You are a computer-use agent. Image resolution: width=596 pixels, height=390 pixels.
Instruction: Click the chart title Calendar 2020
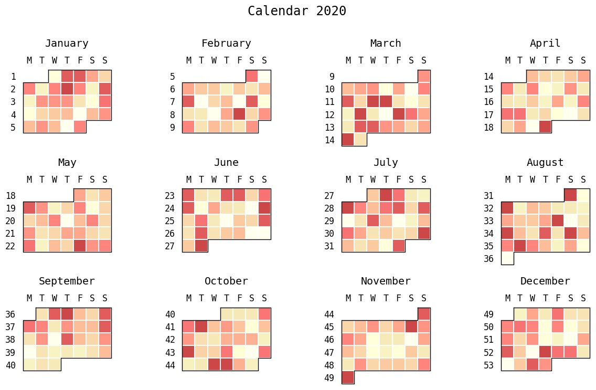click(x=297, y=11)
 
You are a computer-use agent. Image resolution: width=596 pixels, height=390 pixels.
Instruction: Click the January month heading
click(x=67, y=44)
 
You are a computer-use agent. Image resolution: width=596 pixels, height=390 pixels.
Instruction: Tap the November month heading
click(x=386, y=281)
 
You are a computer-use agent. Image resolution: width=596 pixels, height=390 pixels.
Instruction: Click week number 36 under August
click(x=488, y=259)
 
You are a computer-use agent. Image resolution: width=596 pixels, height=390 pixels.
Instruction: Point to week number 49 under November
click(x=329, y=377)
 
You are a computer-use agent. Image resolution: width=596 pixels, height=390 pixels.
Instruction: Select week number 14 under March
click(x=329, y=140)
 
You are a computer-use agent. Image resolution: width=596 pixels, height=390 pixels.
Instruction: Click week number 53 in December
click(x=488, y=365)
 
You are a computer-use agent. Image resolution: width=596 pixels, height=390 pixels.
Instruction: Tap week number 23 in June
click(x=169, y=195)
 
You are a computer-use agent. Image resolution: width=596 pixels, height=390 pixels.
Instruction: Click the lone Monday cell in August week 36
click(x=507, y=258)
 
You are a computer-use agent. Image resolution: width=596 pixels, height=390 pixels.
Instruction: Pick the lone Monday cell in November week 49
click(x=348, y=377)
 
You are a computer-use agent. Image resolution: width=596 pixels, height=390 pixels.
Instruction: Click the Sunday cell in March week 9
click(x=424, y=76)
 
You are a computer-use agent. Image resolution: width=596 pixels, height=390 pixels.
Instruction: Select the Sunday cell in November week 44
click(x=424, y=314)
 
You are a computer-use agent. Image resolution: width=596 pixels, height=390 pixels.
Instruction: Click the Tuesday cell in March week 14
click(x=360, y=139)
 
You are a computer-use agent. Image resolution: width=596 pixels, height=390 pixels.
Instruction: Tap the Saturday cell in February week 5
click(x=252, y=76)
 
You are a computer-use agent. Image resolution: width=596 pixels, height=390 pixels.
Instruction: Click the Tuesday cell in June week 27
click(x=201, y=246)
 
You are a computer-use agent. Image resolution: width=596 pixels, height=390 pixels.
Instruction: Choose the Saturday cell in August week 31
click(x=571, y=195)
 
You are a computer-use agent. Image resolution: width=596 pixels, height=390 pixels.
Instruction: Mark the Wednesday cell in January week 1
click(x=55, y=76)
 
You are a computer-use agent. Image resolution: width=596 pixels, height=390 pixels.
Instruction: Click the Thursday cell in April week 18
click(x=545, y=127)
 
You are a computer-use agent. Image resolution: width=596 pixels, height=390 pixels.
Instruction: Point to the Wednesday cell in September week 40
click(x=55, y=364)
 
